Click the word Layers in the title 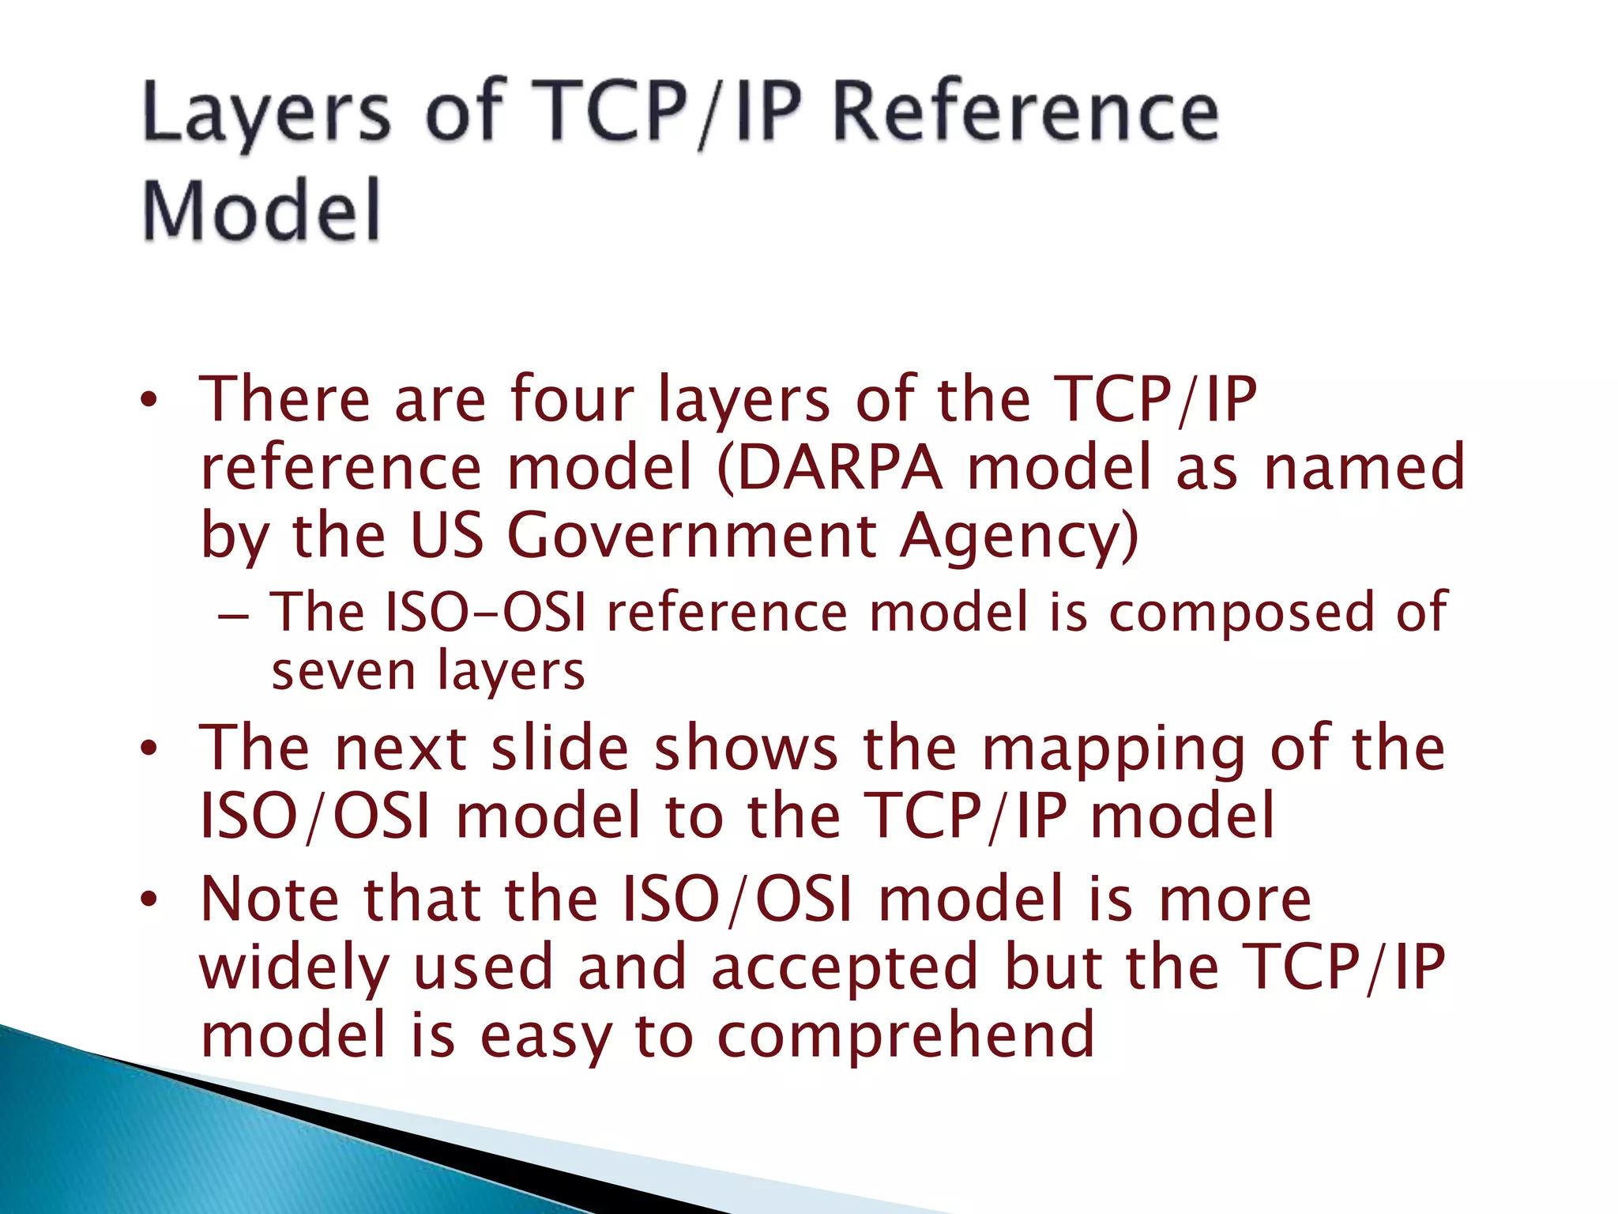266,115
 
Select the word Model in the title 262,209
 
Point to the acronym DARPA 839,467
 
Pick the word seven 343,672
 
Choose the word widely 295,967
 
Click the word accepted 845,967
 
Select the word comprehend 905,1035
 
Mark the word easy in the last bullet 545,1036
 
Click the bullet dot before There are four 149,400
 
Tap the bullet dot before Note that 149,899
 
